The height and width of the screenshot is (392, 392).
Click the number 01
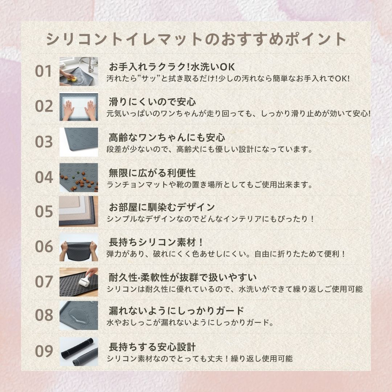point(44,71)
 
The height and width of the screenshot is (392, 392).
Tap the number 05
point(44,212)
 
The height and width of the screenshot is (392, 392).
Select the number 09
point(44,351)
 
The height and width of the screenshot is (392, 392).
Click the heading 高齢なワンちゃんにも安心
point(167,138)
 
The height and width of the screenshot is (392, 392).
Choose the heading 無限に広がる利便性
point(152,173)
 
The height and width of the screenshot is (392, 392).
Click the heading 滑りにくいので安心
point(152,102)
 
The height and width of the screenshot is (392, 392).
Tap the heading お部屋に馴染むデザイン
point(162,207)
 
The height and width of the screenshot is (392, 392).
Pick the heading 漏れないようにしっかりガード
point(176,311)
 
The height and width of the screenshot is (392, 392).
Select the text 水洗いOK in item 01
point(213,67)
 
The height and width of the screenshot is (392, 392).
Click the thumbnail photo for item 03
point(79,142)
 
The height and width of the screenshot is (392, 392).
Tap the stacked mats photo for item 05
point(78,212)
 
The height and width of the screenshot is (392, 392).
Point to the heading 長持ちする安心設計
point(152,347)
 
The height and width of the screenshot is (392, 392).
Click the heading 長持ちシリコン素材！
point(156,242)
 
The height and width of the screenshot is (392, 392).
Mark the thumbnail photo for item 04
point(79,177)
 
